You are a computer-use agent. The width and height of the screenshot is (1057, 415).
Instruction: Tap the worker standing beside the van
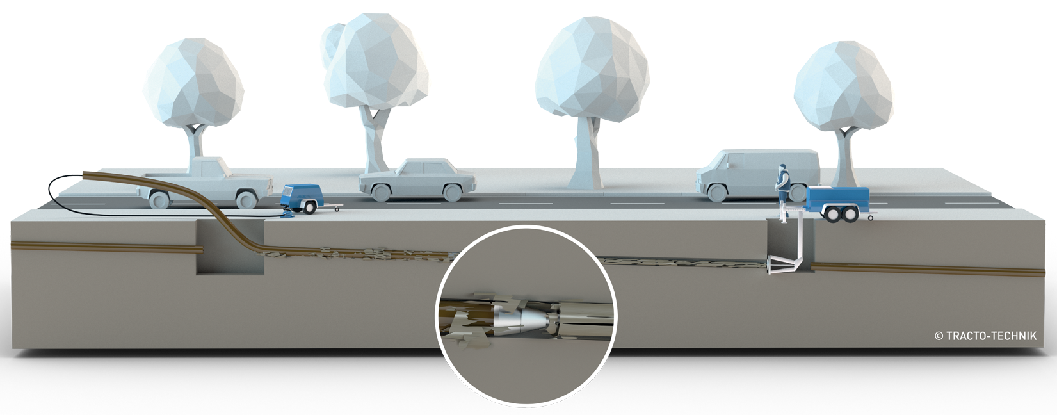click(x=783, y=184)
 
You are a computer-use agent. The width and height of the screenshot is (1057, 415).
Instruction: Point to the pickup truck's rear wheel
click(x=159, y=199)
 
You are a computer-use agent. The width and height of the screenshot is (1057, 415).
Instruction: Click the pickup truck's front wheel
click(x=246, y=199)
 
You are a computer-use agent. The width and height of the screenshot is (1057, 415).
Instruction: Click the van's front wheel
click(x=717, y=192)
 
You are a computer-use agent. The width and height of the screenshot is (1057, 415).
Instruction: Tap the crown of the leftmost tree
click(x=193, y=83)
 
